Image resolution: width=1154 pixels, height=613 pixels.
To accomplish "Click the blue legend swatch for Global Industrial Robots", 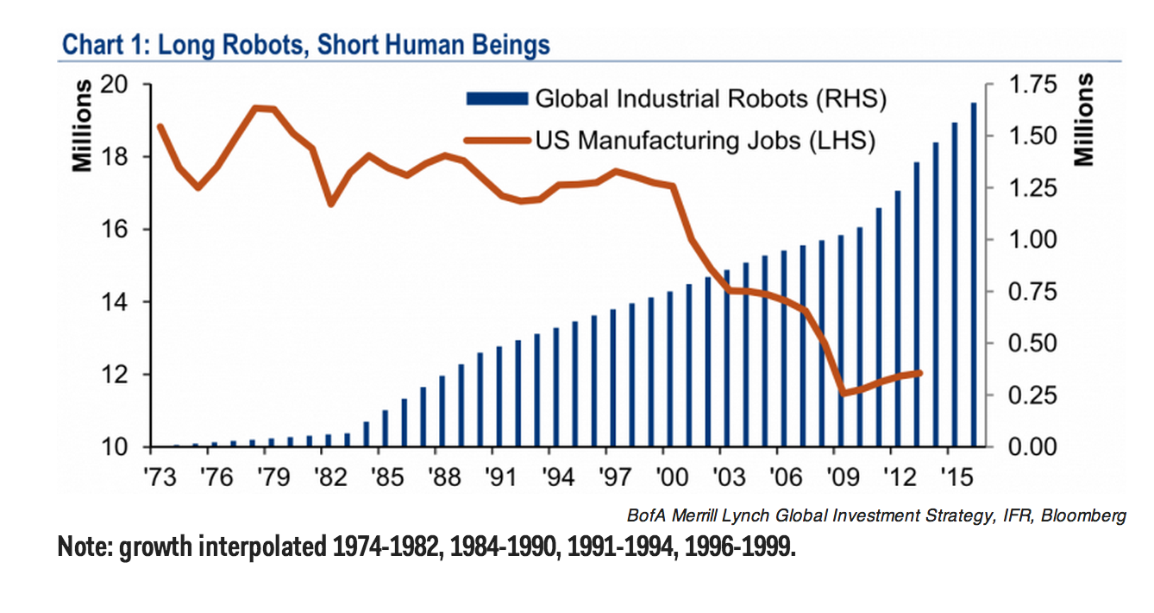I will point(496,99).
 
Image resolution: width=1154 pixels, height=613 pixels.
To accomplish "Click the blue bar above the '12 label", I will point(897,319).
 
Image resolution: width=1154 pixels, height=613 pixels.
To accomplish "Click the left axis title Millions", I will point(83,126).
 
